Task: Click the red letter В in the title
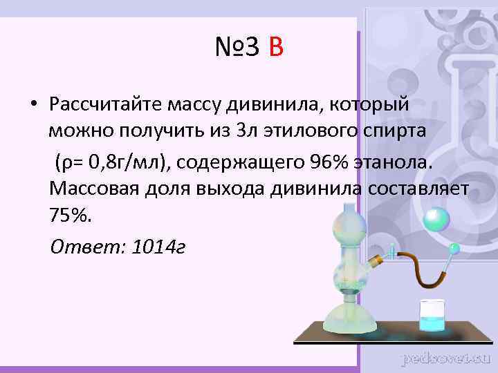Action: tap(275, 48)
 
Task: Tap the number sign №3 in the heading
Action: tap(237, 48)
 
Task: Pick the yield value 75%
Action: tap(70, 216)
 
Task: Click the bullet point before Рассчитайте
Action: tap(33, 105)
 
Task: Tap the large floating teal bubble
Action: tap(436, 220)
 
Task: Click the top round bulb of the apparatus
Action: tap(347, 227)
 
